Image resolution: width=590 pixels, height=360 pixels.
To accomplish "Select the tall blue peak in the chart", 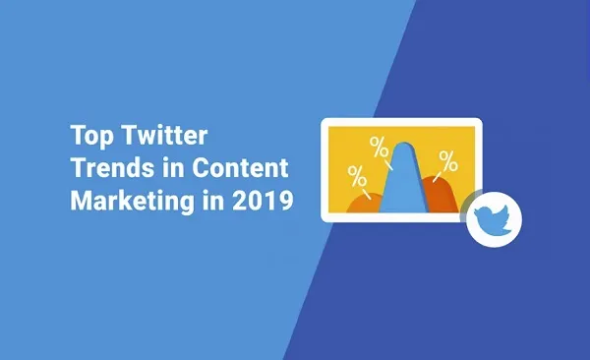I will tap(400, 182).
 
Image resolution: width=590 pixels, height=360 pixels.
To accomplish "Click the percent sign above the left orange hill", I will tap(357, 177).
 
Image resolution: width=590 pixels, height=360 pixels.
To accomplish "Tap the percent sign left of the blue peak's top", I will tap(378, 148).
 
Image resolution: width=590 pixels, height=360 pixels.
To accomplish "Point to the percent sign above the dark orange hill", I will tap(447, 159).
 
